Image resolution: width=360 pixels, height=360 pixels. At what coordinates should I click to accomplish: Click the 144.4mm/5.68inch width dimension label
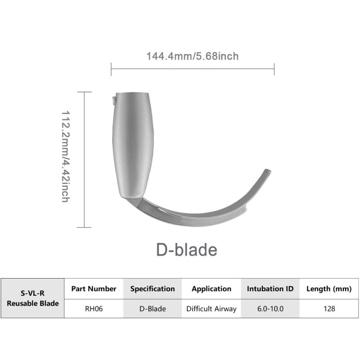[193, 56]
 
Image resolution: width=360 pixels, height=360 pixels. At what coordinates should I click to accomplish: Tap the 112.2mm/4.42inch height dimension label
[66, 156]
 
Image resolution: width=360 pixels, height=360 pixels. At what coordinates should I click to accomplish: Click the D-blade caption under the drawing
[187, 250]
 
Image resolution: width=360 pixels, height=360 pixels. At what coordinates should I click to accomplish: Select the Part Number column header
[94, 288]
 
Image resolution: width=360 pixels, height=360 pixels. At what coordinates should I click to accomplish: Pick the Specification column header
[153, 288]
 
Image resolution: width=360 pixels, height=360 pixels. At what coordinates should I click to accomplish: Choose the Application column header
[211, 289]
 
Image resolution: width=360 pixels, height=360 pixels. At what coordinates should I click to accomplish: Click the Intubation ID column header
[270, 288]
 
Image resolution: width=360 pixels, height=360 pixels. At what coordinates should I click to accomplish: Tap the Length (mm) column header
[329, 289]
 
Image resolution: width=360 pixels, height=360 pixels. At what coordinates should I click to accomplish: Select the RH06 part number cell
[94, 309]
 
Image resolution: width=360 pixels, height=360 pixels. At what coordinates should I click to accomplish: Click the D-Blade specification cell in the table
[153, 309]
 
